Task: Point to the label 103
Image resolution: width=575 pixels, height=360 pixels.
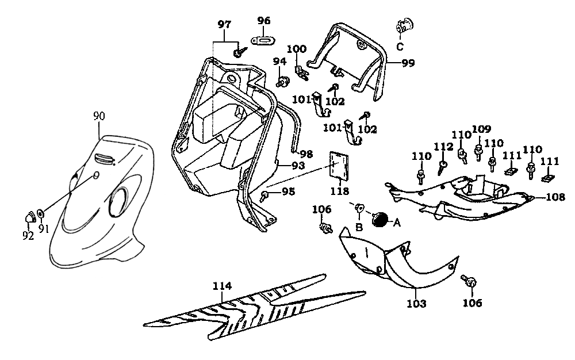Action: point(416,303)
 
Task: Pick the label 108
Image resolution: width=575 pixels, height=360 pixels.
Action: point(555,197)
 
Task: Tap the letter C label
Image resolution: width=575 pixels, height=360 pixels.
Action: point(400,47)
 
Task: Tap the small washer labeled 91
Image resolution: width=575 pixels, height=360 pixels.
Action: point(41,215)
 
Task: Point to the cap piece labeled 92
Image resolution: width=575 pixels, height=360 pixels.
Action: point(29,216)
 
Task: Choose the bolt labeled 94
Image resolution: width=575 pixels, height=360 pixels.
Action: point(282,81)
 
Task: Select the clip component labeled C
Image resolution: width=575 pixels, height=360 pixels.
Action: point(405,26)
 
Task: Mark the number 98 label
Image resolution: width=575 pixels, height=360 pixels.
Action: point(305,154)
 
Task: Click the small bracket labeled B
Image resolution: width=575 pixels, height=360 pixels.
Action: point(359,208)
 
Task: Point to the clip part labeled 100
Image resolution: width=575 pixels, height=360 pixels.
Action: point(300,71)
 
